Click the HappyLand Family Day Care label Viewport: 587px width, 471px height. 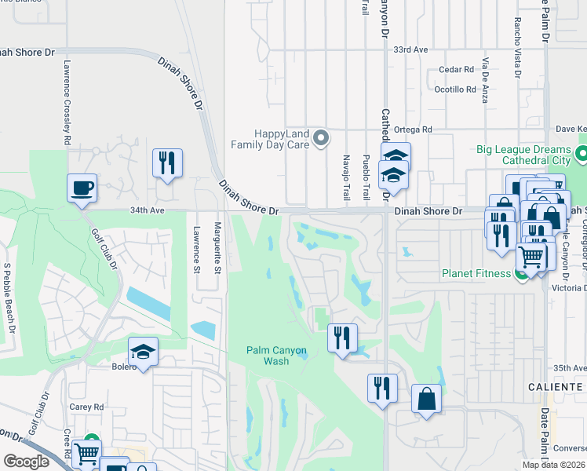pyautogui.click(x=269, y=139)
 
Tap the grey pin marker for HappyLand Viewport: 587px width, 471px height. pyautogui.click(x=320, y=139)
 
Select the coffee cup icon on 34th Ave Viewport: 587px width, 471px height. pyautogui.click(x=82, y=189)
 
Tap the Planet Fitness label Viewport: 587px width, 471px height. pyautogui.click(x=475, y=274)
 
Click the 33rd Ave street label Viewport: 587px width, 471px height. pyautogui.click(x=410, y=49)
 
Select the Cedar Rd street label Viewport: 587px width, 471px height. pyautogui.click(x=457, y=69)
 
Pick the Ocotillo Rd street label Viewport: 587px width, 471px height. pyautogui.click(x=455, y=89)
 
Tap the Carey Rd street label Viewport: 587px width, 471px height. pyautogui.click(x=86, y=407)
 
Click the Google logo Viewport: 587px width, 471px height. pyautogui.click(x=27, y=462)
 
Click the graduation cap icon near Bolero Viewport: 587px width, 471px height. pyautogui.click(x=144, y=352)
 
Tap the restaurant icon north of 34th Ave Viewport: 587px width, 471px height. pyautogui.click(x=167, y=163)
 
